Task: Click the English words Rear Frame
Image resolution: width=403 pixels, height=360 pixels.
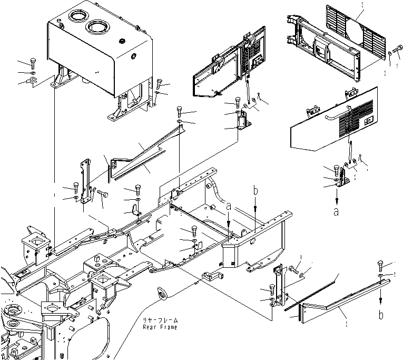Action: click(160, 327)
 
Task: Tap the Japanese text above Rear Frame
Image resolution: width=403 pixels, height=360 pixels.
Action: click(161, 320)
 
